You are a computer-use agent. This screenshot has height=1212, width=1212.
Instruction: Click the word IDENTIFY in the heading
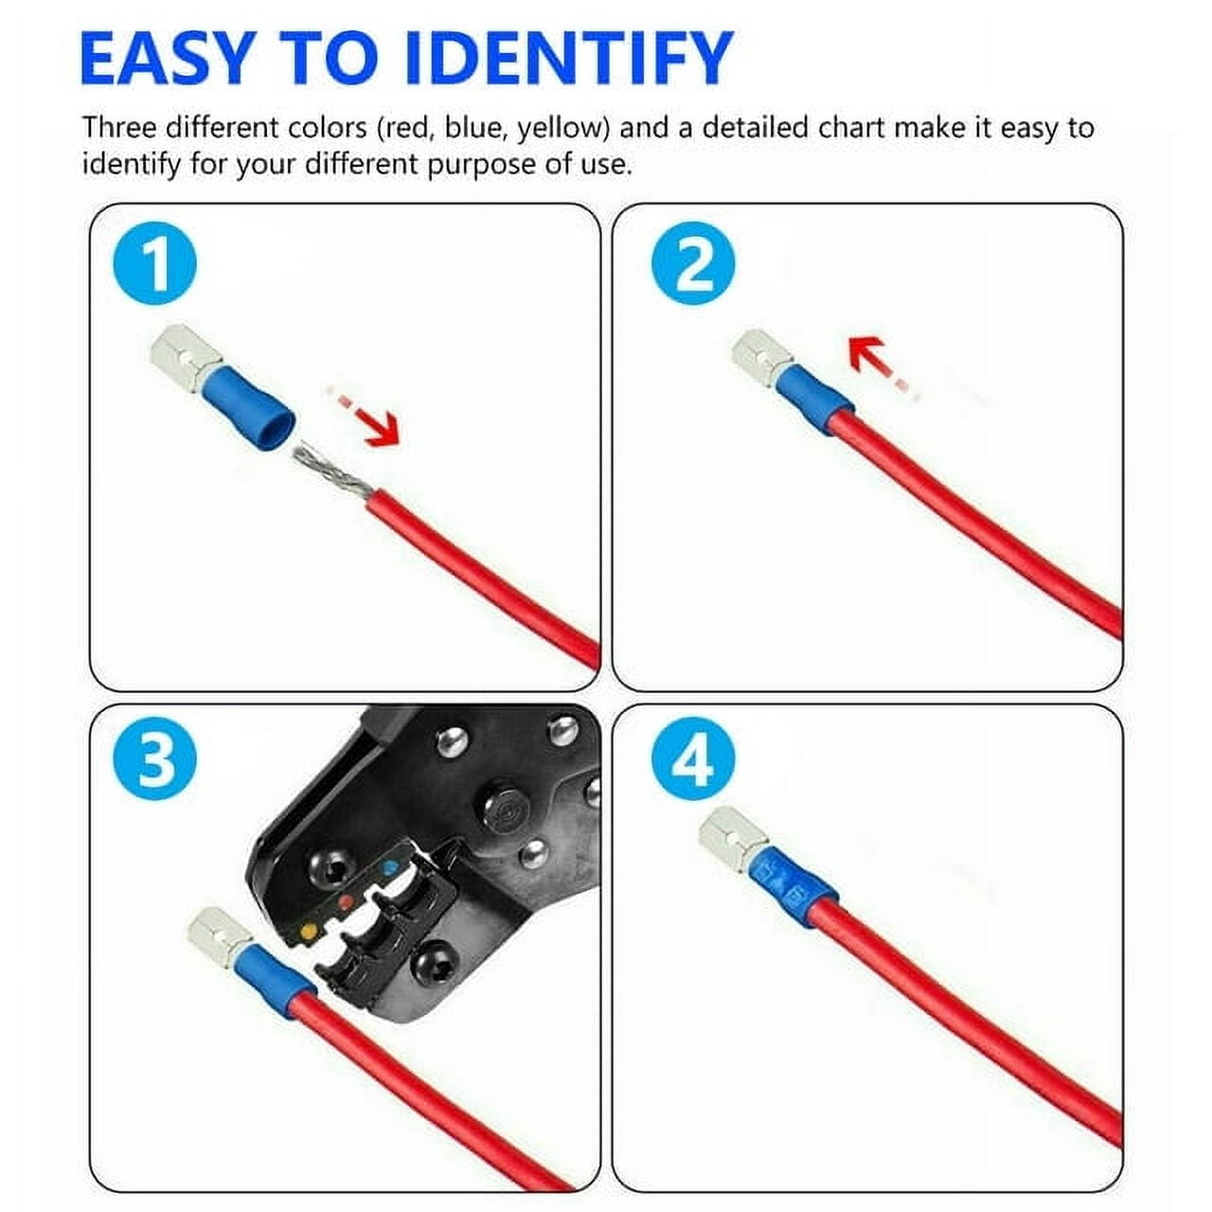tap(568, 59)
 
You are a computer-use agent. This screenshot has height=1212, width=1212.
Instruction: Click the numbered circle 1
tap(154, 264)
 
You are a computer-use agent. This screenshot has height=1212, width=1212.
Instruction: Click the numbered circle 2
tap(693, 264)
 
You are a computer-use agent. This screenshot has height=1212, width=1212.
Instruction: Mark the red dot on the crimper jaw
tap(347, 900)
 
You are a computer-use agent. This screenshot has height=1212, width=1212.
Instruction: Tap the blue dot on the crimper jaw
tap(388, 866)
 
